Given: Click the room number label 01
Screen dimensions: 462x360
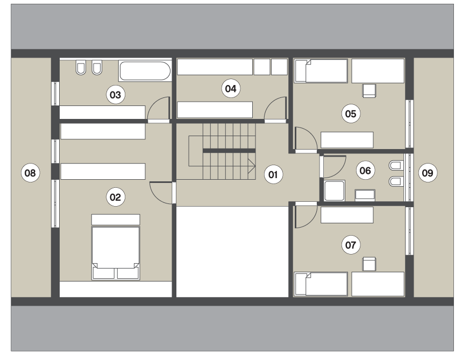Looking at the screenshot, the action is coord(273,174).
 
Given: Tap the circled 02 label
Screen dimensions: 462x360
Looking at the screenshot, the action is coord(116,197).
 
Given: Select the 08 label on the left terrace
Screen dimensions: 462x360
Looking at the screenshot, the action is coord(30,173).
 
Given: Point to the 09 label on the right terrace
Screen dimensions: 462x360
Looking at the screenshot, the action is coord(428,173).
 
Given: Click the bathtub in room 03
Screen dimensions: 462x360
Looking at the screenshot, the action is coord(145,70).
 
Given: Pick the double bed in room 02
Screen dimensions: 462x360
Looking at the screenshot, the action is coord(116,253).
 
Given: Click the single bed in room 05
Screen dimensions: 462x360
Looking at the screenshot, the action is coord(321,70).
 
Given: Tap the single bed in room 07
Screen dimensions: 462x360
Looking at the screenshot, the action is coord(321,284).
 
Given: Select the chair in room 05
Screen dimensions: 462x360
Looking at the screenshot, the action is coord(369,90).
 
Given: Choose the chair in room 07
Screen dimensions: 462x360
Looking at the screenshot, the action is coord(369,264).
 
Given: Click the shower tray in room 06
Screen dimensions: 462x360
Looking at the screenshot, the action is coord(334,190).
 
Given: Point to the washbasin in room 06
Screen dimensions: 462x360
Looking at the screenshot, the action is coord(365,195).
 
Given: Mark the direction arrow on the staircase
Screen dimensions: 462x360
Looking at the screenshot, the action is coord(252,166).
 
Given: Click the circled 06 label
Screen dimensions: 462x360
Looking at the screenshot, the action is coord(365,171).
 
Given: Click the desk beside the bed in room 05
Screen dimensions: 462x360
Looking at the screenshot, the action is coord(378,70).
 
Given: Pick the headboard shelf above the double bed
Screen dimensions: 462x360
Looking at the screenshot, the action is coord(116,220).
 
